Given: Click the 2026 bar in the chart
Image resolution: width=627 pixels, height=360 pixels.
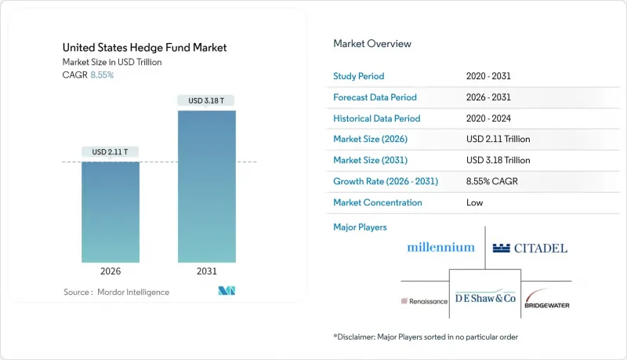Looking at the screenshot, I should tap(111, 212).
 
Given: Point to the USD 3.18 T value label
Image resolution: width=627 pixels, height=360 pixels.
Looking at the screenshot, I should tap(206, 100).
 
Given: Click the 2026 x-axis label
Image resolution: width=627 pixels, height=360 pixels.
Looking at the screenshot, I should tap(111, 271).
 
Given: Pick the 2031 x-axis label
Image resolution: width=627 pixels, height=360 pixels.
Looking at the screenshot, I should tap(206, 271).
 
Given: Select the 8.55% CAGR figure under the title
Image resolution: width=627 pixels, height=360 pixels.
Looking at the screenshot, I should tap(101, 75).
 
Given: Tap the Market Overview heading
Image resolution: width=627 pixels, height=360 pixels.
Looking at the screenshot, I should tap(372, 44).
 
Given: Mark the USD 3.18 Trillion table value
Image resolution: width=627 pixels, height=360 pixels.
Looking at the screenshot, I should tap(498, 160).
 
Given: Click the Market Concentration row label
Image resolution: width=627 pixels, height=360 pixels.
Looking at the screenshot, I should tap(378, 202).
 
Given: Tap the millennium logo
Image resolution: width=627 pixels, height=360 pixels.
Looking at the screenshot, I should tap(440, 247).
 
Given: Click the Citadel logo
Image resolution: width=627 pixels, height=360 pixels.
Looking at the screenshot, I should tap(530, 248).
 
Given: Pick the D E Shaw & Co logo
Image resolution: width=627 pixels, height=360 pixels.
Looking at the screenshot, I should tap(485, 298).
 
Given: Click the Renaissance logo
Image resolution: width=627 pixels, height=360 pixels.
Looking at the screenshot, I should tap(425, 300).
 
